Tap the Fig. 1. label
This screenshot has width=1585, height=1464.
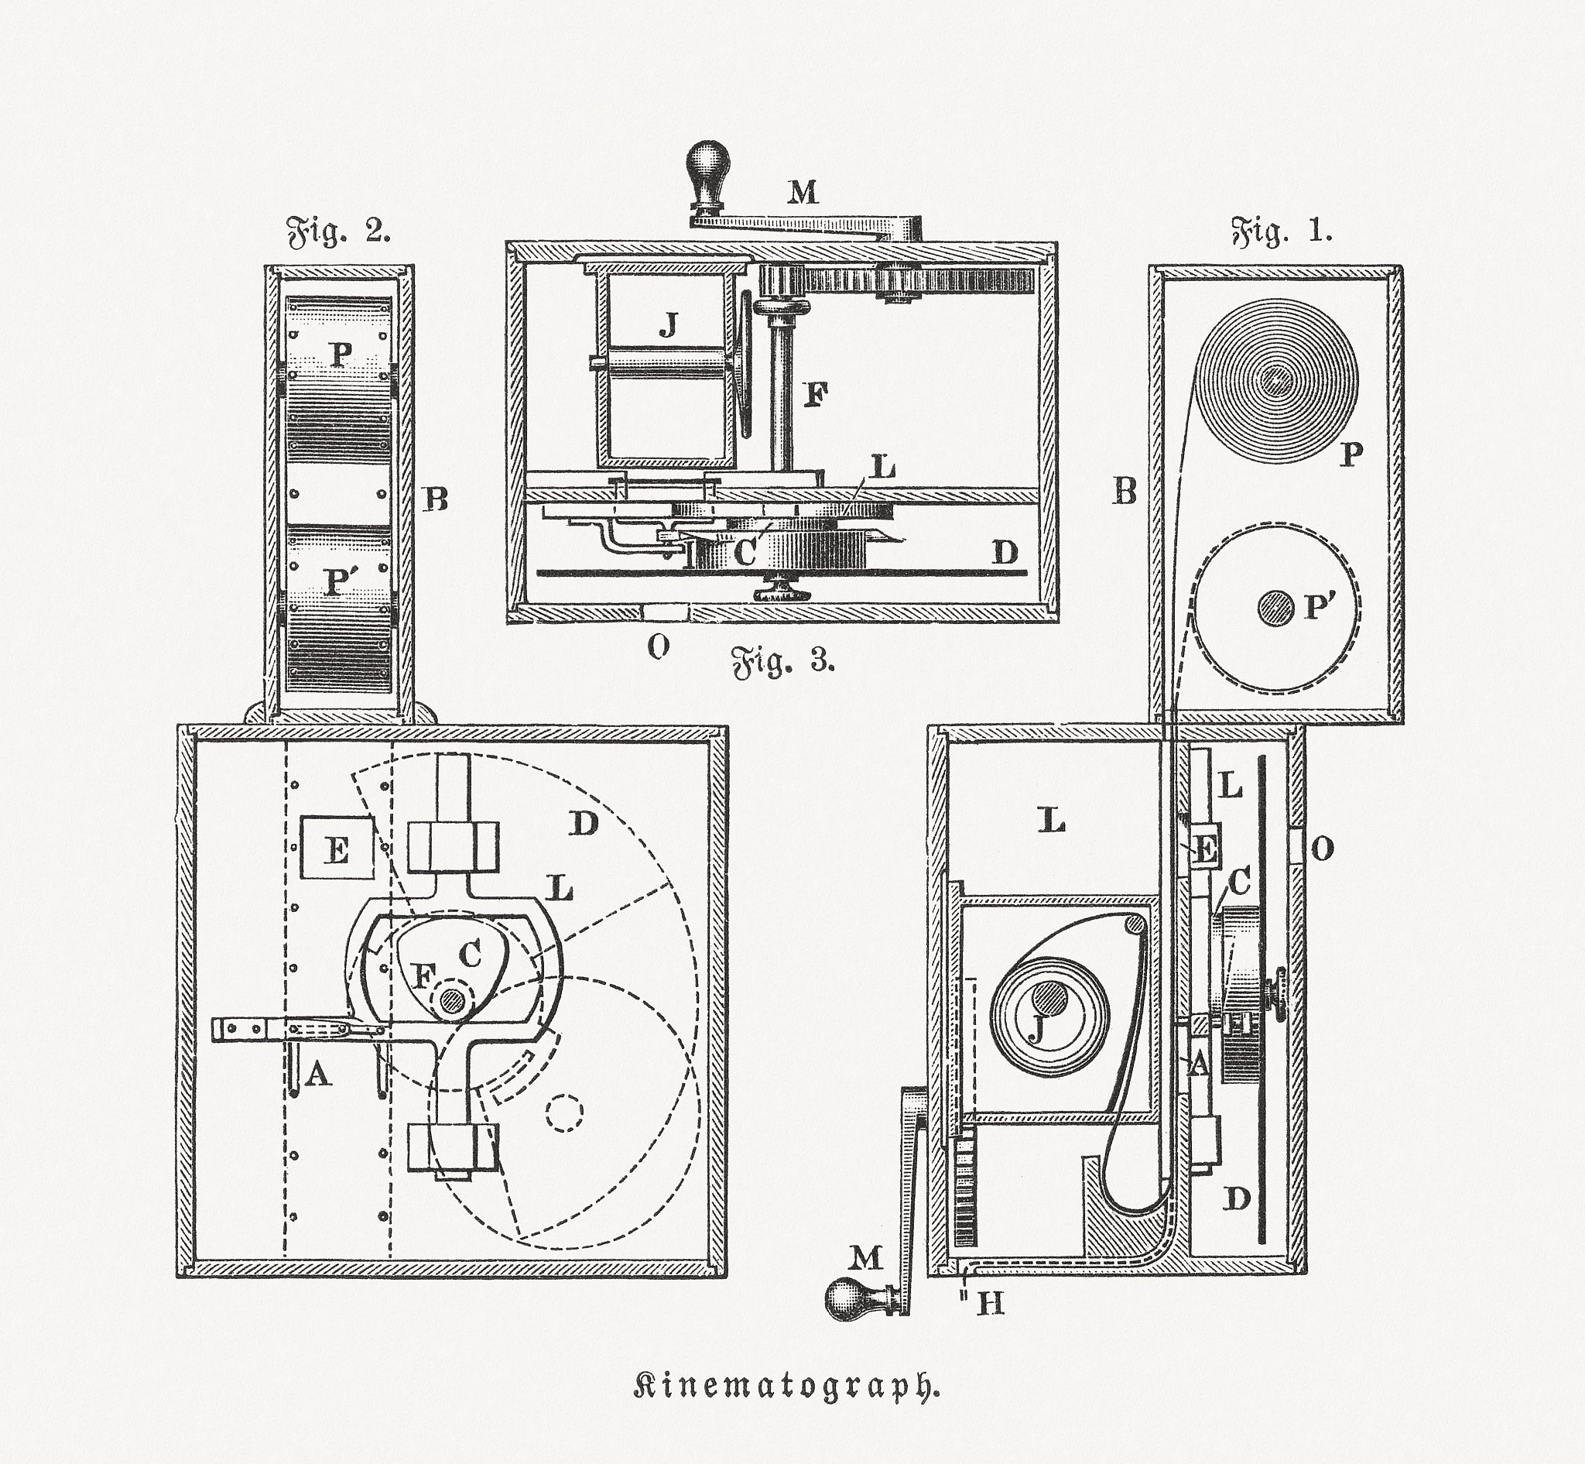pyautogui.click(x=1282, y=231)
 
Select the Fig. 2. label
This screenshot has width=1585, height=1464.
pyautogui.click(x=338, y=231)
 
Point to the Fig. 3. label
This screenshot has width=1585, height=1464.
pyautogui.click(x=782, y=660)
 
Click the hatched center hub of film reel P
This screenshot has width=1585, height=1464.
pyautogui.click(x=1274, y=382)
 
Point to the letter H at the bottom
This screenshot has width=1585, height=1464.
pyautogui.click(x=990, y=1303)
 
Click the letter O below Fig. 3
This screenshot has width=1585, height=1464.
pyautogui.click(x=659, y=648)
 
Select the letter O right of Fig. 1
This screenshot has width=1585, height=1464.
pyautogui.click(x=1322, y=849)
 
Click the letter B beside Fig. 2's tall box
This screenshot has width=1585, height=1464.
pyautogui.click(x=436, y=499)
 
